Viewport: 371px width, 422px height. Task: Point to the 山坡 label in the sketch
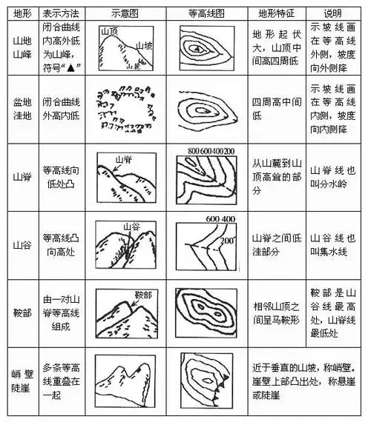[x=145, y=45]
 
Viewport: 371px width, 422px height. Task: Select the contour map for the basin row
[x=207, y=111]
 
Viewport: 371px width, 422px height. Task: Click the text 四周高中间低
[x=275, y=111]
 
